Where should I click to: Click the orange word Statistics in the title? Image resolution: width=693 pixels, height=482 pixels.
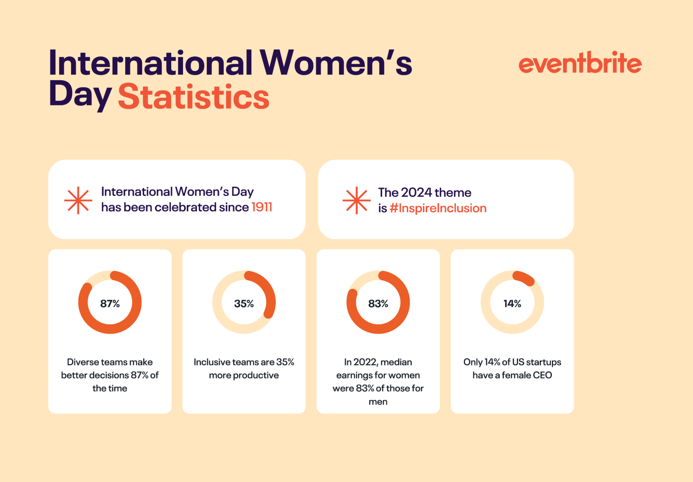[193, 97]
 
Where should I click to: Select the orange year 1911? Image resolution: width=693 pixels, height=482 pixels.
[262, 207]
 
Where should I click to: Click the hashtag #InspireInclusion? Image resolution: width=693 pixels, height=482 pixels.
[438, 208]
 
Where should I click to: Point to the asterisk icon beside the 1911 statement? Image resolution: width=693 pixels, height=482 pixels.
[78, 200]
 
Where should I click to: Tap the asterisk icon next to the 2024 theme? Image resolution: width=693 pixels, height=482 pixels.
[356, 200]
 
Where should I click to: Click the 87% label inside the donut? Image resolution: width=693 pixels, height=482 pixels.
[110, 304]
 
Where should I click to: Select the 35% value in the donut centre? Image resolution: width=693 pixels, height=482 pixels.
[244, 304]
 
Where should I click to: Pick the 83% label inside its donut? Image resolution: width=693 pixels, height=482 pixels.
[378, 304]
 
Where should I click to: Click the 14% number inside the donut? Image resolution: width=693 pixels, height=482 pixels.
[512, 304]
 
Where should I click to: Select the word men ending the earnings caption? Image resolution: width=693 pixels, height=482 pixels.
[378, 402]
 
